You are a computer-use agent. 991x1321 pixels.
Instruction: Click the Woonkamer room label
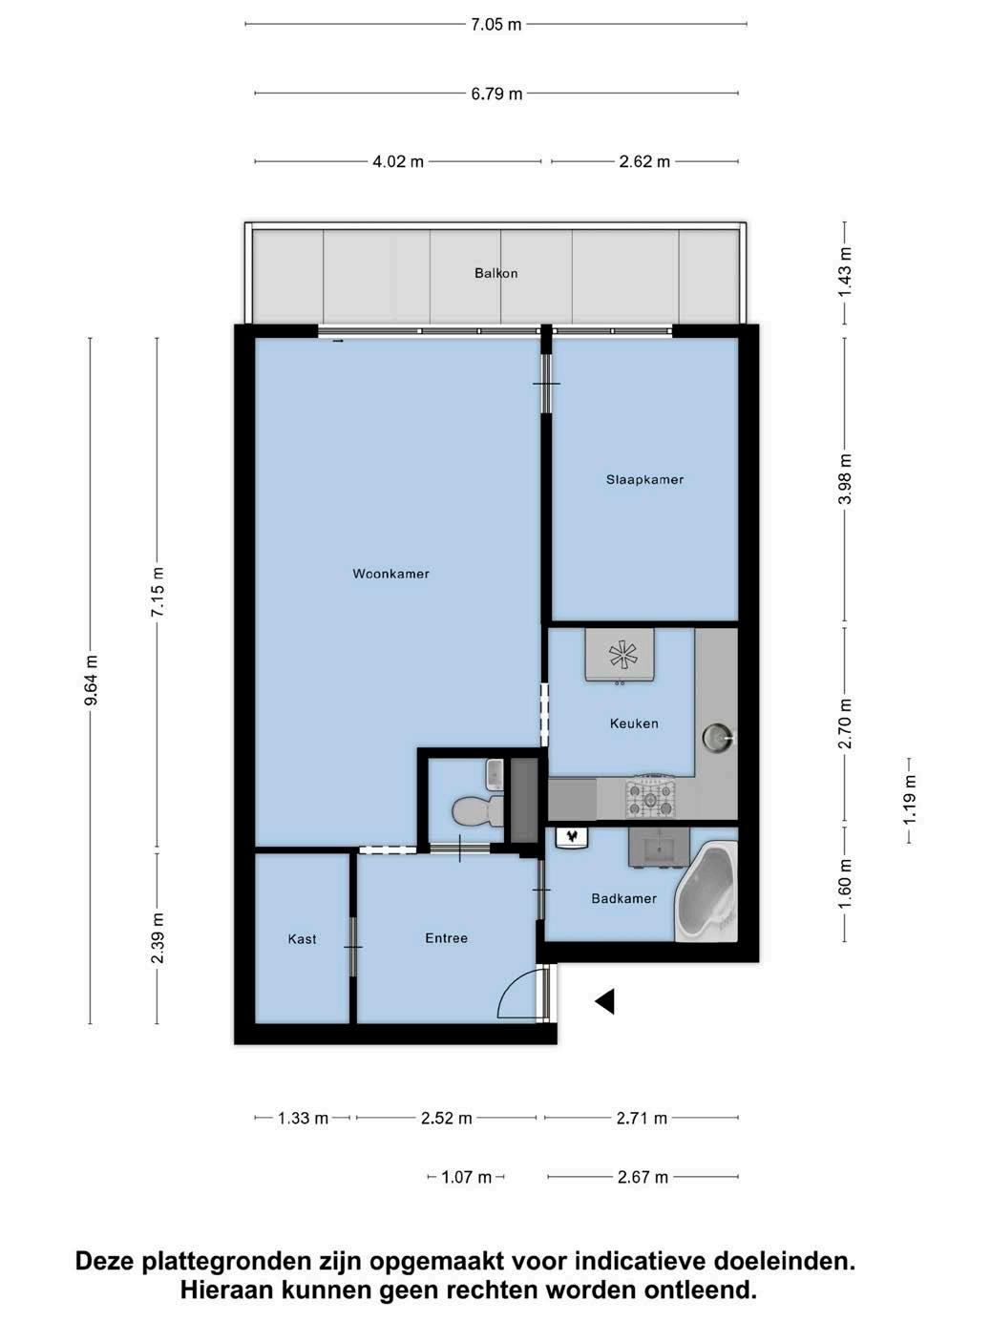point(390,574)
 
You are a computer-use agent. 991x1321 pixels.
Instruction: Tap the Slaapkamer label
point(644,480)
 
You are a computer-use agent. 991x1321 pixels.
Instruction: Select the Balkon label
point(495,273)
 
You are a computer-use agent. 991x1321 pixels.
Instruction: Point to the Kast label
point(302,939)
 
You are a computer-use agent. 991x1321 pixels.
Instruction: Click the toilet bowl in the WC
point(478,810)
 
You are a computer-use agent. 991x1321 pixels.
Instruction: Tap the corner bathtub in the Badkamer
point(707,891)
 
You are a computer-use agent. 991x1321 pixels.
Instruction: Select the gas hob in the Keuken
point(650,799)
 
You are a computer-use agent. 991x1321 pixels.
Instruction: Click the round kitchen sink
point(719,737)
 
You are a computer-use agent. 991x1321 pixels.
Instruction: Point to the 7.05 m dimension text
point(495,25)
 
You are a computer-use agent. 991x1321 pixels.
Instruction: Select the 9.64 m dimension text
point(91,680)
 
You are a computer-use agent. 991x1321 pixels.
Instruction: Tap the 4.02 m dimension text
point(398,162)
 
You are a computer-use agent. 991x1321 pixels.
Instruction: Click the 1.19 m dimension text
point(910,801)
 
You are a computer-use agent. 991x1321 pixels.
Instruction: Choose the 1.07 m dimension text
point(466,1177)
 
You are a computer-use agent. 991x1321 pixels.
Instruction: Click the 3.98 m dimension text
point(845,479)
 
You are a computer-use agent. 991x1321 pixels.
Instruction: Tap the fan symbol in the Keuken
point(620,654)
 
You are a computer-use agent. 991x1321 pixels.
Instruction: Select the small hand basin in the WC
point(495,773)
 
